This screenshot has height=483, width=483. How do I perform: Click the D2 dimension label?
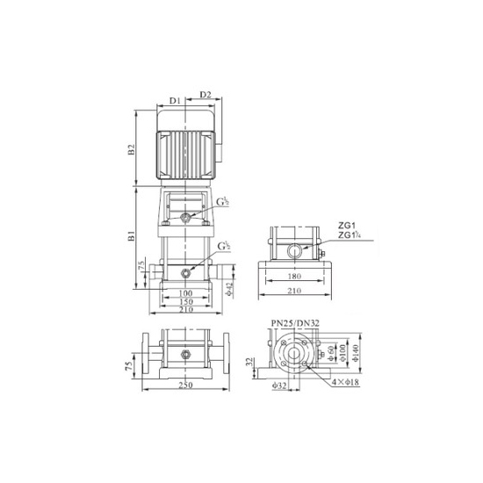(x=205, y=95)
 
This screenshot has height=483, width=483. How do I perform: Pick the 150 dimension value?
(x=185, y=300)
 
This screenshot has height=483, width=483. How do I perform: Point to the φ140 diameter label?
(x=356, y=351)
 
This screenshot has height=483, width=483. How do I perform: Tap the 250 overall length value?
(x=185, y=387)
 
